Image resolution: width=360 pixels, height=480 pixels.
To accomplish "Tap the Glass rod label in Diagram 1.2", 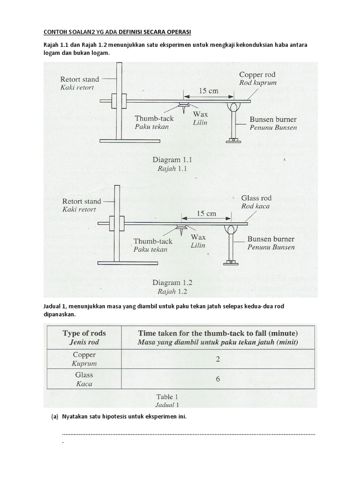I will click(256, 198).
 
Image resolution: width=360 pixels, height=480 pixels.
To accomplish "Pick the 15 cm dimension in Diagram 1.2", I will click(206, 214).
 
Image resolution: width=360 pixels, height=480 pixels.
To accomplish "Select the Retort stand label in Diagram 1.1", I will click(80, 79).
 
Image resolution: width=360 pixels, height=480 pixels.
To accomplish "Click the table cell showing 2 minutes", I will click(218, 359).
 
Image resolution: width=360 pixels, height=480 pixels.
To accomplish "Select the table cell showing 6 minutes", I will click(218, 379).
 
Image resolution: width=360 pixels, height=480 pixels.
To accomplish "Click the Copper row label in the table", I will click(84, 355).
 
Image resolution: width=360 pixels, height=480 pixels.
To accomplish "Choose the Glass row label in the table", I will click(84, 375).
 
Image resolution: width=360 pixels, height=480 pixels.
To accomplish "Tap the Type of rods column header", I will click(84, 333).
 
